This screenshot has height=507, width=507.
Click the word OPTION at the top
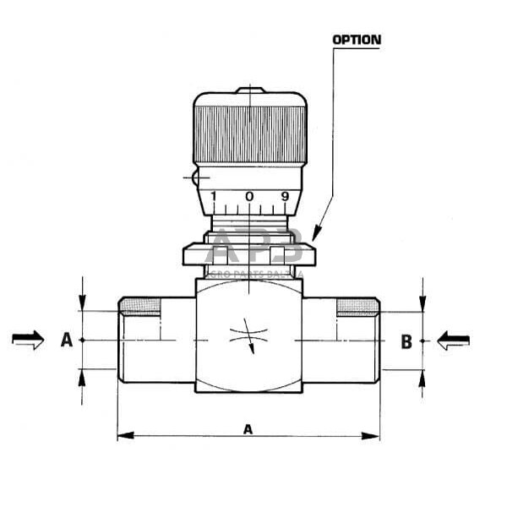coord(356,39)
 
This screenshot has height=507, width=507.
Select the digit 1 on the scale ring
coord(214,197)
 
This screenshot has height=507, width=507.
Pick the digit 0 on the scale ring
coord(249,197)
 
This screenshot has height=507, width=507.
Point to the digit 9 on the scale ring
coord(285,197)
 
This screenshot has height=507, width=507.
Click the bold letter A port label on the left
coord(66,341)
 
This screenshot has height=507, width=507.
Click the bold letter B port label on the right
coord(406,341)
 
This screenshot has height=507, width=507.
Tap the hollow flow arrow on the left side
coord(28,340)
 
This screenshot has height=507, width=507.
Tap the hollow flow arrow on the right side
coord(453,341)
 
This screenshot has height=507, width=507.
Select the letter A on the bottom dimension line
coord(248,428)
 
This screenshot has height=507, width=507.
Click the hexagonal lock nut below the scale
coord(248,253)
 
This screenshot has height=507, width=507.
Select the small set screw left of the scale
coord(194,178)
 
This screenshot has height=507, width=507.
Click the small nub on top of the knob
coord(249,89)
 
